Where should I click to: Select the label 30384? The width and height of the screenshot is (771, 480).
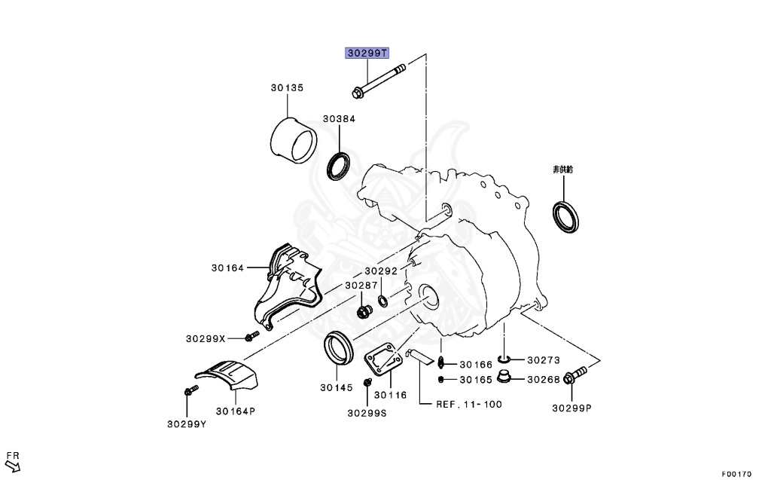click(x=339, y=119)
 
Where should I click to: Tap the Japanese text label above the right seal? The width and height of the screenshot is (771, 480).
click(x=563, y=170)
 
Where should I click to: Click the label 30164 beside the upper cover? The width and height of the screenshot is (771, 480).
click(x=227, y=268)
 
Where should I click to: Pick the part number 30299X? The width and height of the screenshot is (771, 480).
click(x=205, y=338)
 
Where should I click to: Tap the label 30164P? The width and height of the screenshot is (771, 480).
click(x=236, y=411)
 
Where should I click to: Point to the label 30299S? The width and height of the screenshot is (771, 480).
click(x=367, y=412)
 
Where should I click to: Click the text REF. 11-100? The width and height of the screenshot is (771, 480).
click(x=469, y=405)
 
